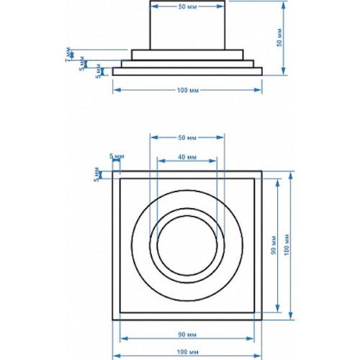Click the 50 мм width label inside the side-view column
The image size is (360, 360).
coord(186,6)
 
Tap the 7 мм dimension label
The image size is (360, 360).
coord(68,53)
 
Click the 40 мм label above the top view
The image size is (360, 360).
coord(186,157)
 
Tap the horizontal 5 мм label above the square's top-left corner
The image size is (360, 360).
coord(115,156)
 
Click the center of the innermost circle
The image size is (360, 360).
coord(186,243)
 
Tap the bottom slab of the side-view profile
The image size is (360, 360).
coord(186,71)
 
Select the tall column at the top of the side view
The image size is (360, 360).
coord(186,25)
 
